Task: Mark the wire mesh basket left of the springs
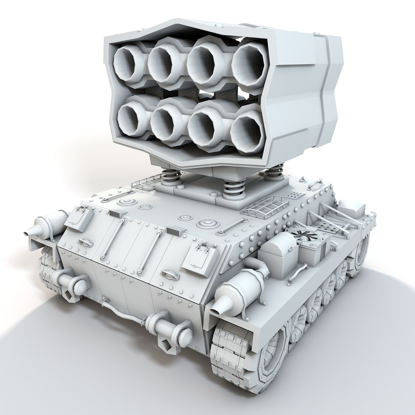pos(146,183)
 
